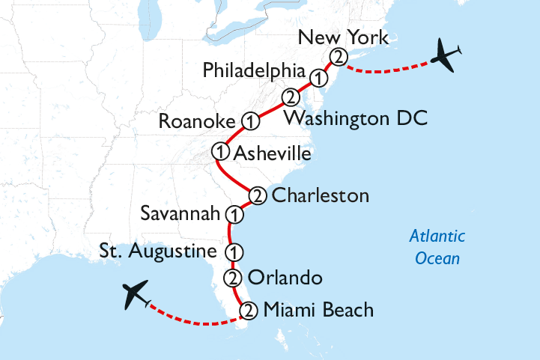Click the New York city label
pos(343,37)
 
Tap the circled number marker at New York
pos(339,56)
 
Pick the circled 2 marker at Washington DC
pos(290,98)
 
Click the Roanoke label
pos(197,121)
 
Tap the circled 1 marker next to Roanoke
pos(250,120)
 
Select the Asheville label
pos(273,153)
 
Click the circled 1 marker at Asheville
pos(220,151)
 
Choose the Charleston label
pos(321,196)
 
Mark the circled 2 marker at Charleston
pos(257,195)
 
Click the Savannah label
pos(181,215)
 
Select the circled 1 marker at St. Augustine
pos(234,251)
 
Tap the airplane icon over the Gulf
pos(137,295)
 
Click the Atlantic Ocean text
pos(436,248)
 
